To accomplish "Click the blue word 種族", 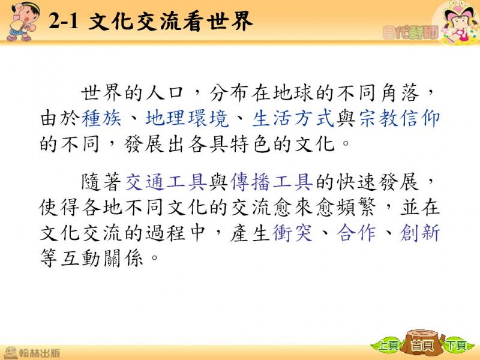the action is click(x=101, y=118).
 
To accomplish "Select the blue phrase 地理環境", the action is click(x=187, y=118).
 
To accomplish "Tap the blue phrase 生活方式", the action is click(x=293, y=118).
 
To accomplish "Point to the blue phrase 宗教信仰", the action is click(x=400, y=118).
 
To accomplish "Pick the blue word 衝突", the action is click(x=292, y=233).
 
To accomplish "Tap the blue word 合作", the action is click(x=356, y=233).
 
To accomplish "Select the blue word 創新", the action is click(x=420, y=233).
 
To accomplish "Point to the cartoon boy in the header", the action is click(x=22, y=21).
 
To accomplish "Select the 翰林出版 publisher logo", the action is click(x=32, y=353).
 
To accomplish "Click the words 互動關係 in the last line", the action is click(x=102, y=259).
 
